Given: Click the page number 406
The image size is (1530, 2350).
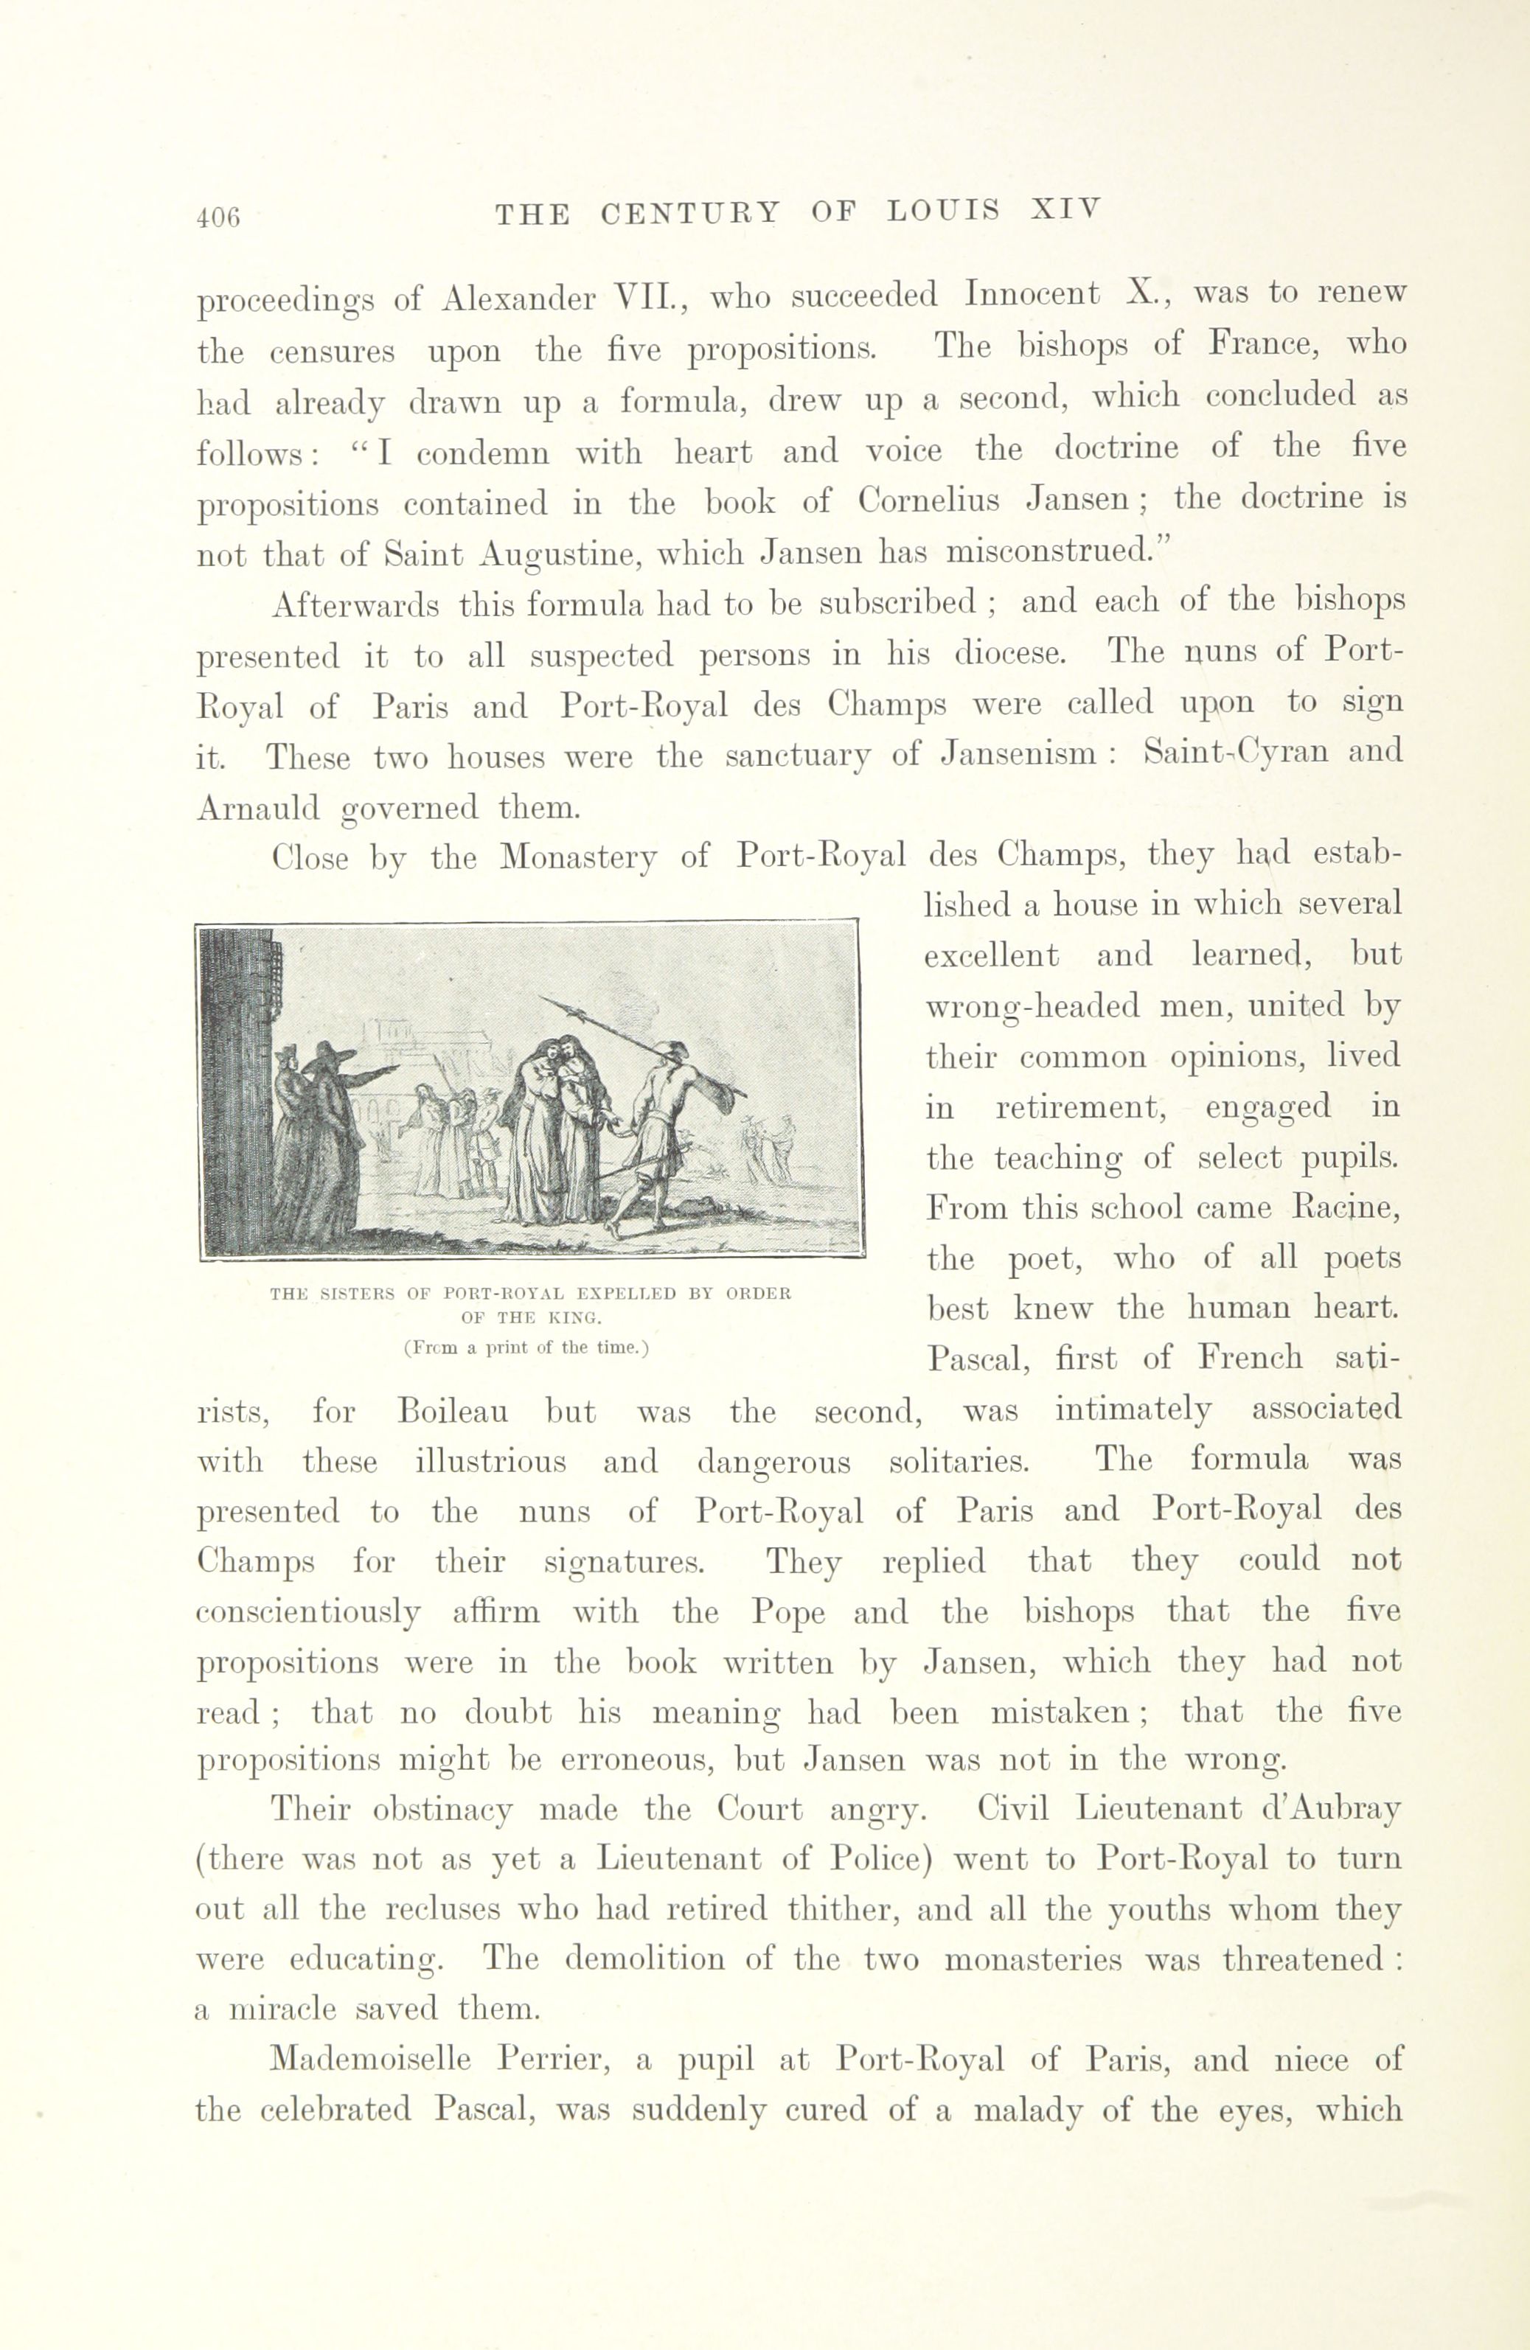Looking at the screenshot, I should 218,218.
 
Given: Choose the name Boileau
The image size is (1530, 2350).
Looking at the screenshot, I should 453,1410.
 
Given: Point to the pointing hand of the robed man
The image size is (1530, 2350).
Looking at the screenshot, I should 393,1067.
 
